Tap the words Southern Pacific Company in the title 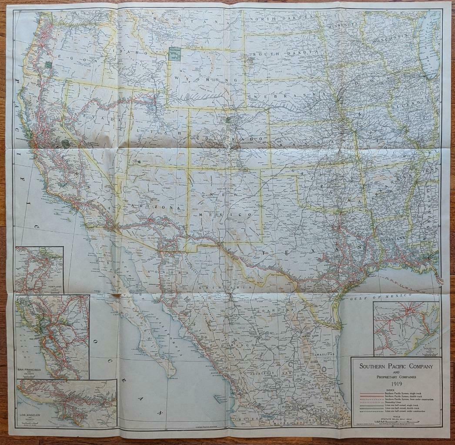396,366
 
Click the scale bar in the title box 396,422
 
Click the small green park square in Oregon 48,64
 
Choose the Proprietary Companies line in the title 396,376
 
